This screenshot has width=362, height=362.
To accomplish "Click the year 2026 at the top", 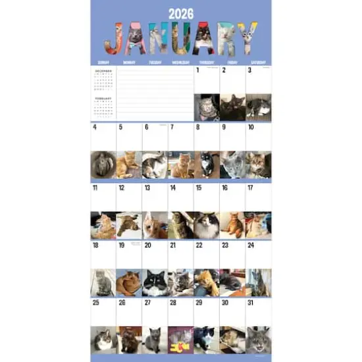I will (180, 13).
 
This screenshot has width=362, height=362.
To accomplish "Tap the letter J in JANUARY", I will (113, 38).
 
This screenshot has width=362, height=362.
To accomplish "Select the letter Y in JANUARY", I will (248, 38).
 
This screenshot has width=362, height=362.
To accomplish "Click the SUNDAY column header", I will (103, 63).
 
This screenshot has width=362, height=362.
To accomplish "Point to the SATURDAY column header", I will (258, 63).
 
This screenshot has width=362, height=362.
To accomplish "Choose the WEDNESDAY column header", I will (181, 63).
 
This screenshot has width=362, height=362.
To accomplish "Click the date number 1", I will (198, 70).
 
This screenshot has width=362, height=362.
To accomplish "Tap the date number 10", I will (251, 128).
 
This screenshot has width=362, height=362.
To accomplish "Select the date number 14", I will (173, 188).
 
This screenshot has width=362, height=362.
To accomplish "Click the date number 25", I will (96, 303).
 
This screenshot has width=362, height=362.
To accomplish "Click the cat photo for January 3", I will (258, 107).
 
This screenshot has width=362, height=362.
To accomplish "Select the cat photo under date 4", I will (103, 165).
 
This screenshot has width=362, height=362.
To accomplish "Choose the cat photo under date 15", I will (207, 224).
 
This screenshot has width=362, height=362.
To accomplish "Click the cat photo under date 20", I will (155, 282).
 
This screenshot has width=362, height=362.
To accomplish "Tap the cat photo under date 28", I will (181, 340).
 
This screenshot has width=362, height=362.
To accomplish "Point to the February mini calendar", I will (103, 107).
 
